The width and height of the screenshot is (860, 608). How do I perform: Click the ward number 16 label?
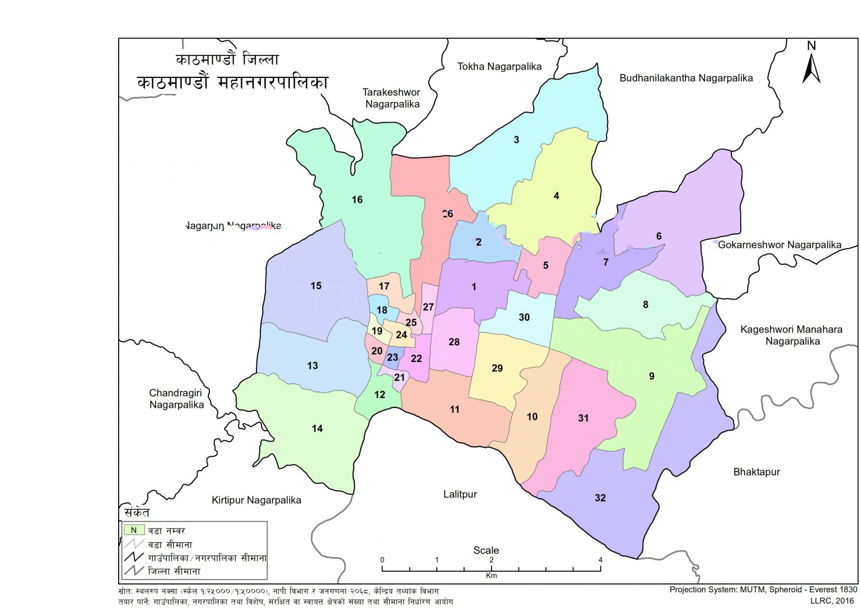coord(357,199)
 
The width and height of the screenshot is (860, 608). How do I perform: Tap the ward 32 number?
coord(600,498)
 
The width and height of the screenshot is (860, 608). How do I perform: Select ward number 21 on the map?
coord(399,378)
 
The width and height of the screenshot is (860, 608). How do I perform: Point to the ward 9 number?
coord(651,376)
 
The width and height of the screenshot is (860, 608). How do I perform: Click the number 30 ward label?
coord(524,317)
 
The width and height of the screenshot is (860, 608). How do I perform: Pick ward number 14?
coord(317,429)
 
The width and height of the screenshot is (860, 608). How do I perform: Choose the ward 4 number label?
coord(556,196)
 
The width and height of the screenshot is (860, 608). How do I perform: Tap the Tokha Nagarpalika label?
coord(499,67)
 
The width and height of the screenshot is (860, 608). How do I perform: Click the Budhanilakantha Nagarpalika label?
coord(686,78)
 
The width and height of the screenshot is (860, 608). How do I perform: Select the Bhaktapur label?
coord(756,472)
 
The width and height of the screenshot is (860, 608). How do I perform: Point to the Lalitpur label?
coord(460,494)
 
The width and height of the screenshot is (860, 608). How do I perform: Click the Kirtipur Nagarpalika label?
coord(256,500)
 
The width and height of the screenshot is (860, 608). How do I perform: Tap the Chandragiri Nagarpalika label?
coord(176,399)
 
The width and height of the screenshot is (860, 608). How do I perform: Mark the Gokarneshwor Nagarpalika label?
coord(779,245)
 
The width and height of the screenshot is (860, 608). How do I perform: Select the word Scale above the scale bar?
coord(486,550)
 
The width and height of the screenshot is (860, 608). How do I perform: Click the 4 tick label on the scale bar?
coord(600,560)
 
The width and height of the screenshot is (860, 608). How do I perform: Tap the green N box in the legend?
coord(134,530)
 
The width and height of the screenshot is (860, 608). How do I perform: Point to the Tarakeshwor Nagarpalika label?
coord(391,98)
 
